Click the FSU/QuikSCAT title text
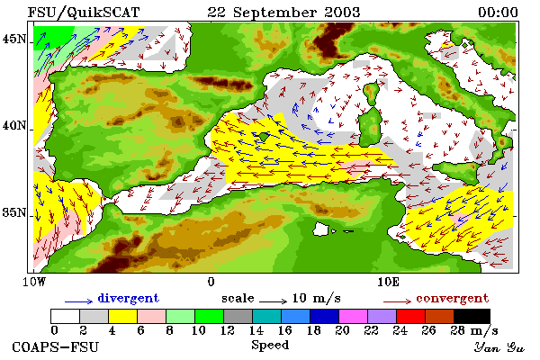(x=84, y=13)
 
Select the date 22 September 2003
(x=283, y=13)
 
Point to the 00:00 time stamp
(x=498, y=13)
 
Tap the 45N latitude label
(x=14, y=40)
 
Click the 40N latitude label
(x=14, y=126)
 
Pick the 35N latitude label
(x=14, y=213)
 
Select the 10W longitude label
(x=34, y=282)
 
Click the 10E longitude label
(x=388, y=282)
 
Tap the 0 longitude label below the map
(x=211, y=282)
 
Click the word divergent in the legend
(x=129, y=298)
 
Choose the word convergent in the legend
(x=452, y=298)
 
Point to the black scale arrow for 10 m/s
(x=273, y=301)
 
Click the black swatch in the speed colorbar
(x=472, y=316)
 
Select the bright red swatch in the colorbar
(x=411, y=316)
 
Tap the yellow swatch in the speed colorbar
(x=123, y=316)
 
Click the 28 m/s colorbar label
(x=474, y=330)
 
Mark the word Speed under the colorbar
(x=270, y=345)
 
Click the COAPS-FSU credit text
(x=56, y=346)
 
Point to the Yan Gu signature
(x=499, y=347)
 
